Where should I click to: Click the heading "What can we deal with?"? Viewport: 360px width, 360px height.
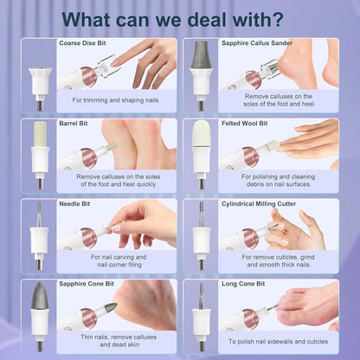pos(172,20)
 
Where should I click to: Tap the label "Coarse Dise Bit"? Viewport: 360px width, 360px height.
pos(82,43)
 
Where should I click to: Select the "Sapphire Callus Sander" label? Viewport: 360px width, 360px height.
pos(257,43)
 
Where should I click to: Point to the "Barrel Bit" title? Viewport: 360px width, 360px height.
pos(74,124)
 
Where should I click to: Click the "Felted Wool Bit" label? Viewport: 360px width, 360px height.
pos(245,124)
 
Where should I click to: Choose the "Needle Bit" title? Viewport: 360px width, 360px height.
pos(74,204)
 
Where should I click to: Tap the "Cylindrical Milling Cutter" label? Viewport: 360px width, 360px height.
pos(259,204)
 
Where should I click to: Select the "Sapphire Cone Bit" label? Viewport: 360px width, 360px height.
pos(87,284)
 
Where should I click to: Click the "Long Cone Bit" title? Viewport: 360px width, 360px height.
pos(243,284)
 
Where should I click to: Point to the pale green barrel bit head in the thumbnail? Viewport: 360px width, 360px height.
pos(40,134)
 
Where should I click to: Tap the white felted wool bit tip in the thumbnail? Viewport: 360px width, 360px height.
pos(202,133)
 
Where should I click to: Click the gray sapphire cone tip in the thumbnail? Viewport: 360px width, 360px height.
pos(40,296)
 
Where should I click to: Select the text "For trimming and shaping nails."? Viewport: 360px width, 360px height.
pos(116,100)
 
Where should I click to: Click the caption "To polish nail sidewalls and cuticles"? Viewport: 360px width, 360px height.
pos(279,342)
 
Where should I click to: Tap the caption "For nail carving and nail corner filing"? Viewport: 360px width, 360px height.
pos(119,260)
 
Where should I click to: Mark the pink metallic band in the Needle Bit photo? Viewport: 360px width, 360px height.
pos(89,238)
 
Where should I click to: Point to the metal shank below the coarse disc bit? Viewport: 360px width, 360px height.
pos(40,106)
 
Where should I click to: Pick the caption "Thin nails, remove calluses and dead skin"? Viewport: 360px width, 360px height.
pos(119,341)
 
